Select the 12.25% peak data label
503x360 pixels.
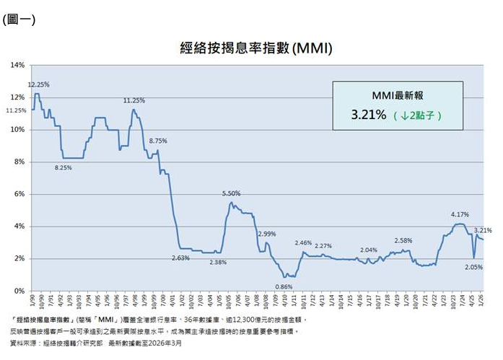tap(38, 84)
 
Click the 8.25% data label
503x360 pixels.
tap(64, 167)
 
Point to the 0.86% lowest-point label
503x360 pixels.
tap(284, 286)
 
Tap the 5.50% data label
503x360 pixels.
tap(231, 193)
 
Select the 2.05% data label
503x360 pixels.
tap(474, 266)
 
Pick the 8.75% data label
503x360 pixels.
tap(157, 141)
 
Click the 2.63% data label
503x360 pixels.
tap(180, 258)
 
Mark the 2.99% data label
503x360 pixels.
tap(267, 234)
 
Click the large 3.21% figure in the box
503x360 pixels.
tap(369, 114)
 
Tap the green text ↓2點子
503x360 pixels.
tap(420, 115)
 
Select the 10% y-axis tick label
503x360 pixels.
tap(18, 130)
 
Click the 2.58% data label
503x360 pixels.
tap(404, 240)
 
